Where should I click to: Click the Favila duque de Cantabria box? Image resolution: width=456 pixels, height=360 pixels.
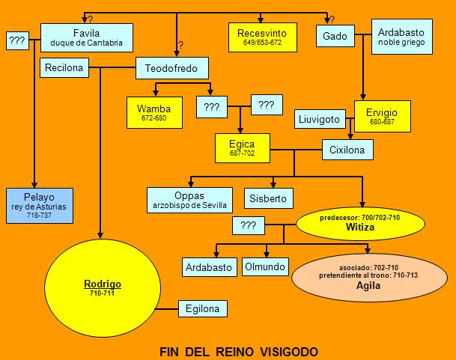tap(86, 37)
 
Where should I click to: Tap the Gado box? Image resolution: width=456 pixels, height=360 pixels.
tap(335, 36)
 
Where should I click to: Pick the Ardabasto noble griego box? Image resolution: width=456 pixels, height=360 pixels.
tap(402, 37)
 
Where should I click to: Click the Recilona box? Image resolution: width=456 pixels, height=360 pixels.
tap(64, 68)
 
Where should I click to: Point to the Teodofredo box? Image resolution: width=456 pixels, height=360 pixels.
tap(177, 68)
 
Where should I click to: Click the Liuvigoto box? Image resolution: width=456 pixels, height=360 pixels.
tap(319, 119)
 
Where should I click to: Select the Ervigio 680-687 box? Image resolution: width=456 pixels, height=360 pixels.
tap(382, 116)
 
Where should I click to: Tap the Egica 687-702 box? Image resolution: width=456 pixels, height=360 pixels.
tap(243, 147)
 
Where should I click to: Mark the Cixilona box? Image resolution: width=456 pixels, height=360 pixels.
tap(347, 150)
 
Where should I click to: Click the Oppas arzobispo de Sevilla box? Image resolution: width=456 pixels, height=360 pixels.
tap(190, 198)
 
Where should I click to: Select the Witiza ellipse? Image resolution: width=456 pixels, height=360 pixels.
tap(359, 222)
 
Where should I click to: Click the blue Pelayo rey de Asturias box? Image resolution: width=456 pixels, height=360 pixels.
tap(39, 205)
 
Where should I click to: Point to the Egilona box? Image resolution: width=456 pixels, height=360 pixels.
tap(202, 308)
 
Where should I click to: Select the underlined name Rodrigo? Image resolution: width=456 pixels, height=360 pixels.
tap(103, 284)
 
